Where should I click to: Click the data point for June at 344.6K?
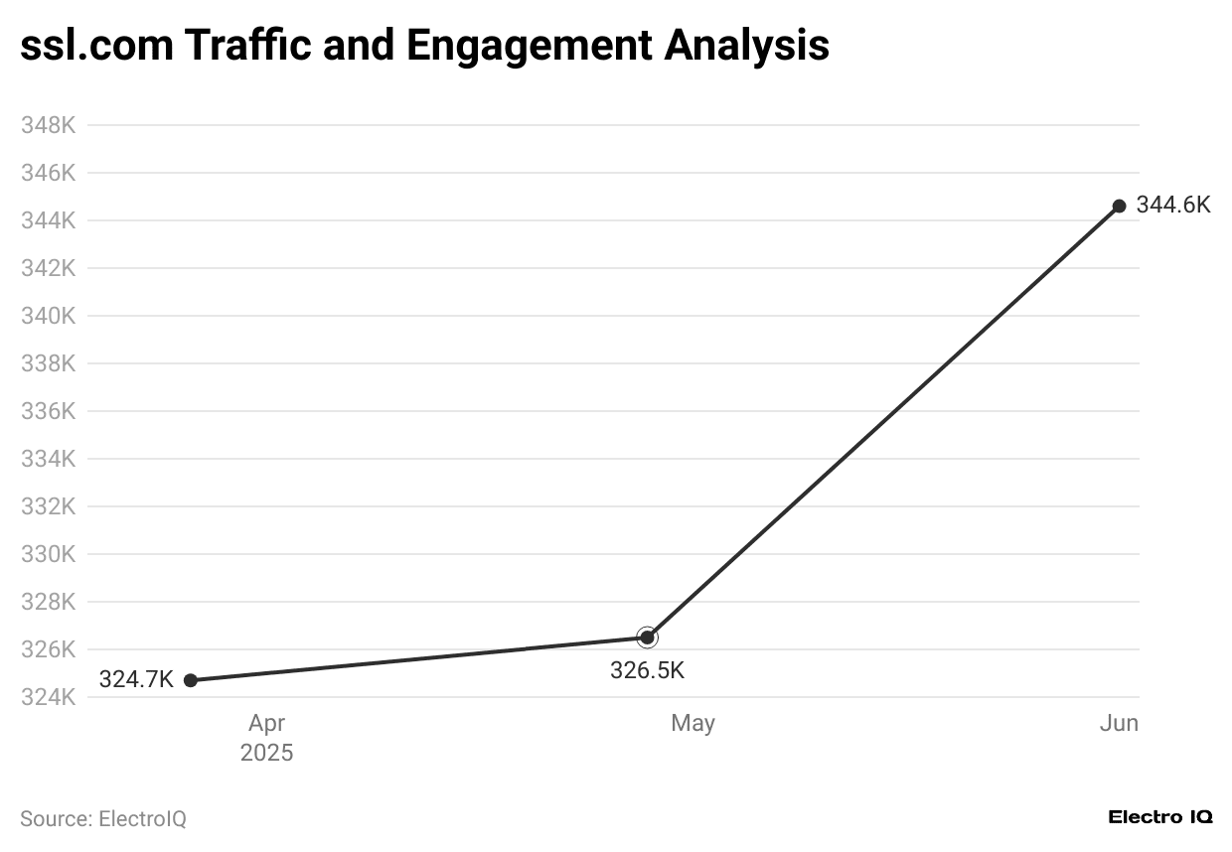(1119, 206)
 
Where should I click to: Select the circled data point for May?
(647, 637)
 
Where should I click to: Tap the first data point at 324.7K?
(191, 680)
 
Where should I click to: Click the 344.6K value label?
(1173, 206)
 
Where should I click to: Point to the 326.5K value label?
(647, 670)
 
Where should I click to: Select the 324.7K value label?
(136, 680)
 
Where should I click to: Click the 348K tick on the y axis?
(49, 125)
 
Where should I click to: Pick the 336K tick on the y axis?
(49, 411)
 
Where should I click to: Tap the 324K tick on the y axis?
(49, 697)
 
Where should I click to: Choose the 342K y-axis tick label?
(49, 268)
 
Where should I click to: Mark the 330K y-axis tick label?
(49, 554)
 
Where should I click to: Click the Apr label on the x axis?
(266, 723)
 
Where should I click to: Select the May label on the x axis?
(693, 723)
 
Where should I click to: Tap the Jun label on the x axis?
(1119, 723)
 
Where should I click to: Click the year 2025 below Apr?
(266, 753)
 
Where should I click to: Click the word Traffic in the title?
(256, 45)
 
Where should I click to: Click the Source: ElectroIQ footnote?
(103, 819)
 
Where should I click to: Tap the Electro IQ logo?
(1159, 817)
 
